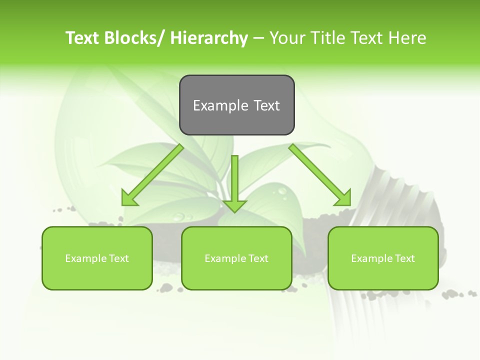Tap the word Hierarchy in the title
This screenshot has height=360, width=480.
[x=209, y=38]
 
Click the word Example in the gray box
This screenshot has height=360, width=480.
[x=220, y=105]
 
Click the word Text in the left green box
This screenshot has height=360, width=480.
[x=119, y=258]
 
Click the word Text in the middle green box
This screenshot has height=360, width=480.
[x=258, y=258]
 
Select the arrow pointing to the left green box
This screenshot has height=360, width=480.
[x=153, y=175]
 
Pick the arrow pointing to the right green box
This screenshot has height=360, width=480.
[x=320, y=175]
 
